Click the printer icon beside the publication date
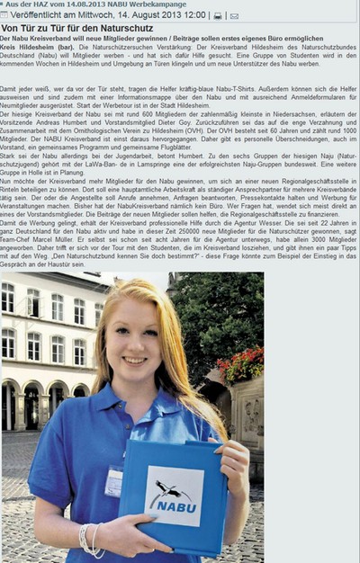(x=217, y=15)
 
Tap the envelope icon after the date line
(x=234, y=15)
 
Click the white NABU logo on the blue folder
(x=174, y=496)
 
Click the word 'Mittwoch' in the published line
(x=95, y=15)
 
